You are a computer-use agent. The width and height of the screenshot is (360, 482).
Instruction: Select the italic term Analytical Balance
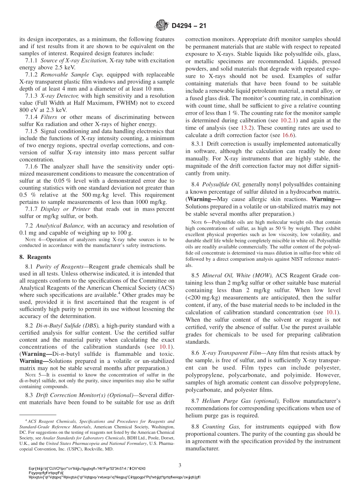61,225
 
